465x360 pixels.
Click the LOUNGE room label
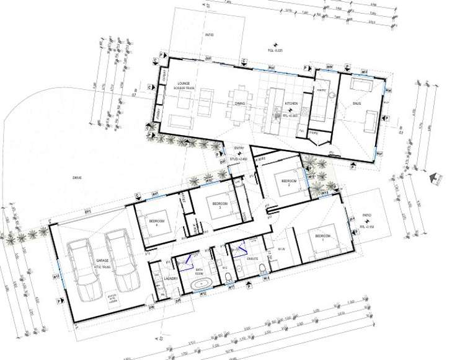(x=183, y=82)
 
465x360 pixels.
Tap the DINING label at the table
(x=240, y=104)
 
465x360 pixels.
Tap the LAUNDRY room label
(x=172, y=279)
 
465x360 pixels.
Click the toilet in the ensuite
(x=263, y=267)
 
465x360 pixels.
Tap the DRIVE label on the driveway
(x=77, y=177)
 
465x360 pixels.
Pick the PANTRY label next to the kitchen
(x=321, y=90)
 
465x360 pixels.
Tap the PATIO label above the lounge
(x=210, y=35)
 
